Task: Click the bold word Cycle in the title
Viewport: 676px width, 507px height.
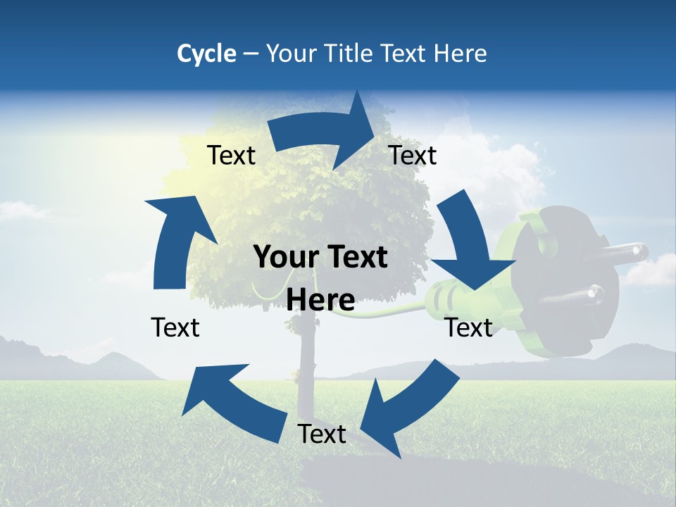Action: [x=206, y=54]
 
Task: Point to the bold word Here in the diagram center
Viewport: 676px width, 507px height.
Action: [x=320, y=300]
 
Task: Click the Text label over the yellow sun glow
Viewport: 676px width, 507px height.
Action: [x=231, y=156]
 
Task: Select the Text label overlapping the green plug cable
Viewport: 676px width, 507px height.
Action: [x=469, y=327]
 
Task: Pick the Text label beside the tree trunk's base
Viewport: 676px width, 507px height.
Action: [x=322, y=434]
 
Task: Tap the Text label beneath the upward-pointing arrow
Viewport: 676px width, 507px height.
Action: [x=175, y=327]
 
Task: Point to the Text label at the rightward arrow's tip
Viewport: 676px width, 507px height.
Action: [x=413, y=156]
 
